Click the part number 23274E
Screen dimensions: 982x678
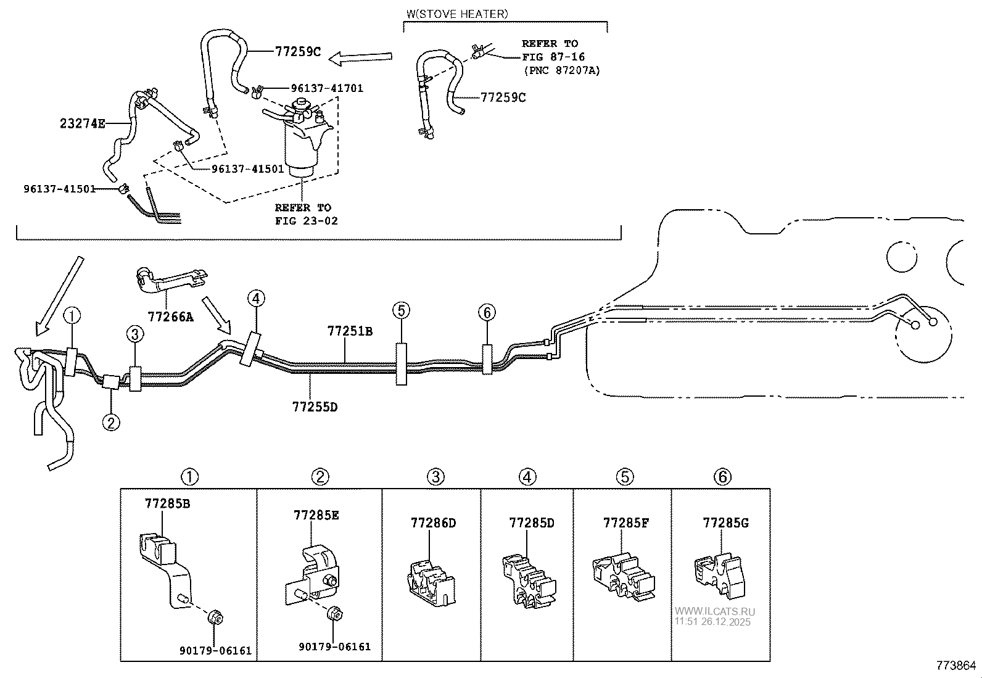pos(83,123)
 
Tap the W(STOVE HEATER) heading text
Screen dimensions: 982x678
pos(457,14)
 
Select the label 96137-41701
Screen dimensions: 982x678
pos(327,88)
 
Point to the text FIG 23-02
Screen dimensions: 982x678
pos(307,221)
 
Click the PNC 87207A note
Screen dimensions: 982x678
pos(562,70)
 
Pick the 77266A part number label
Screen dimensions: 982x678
pos(170,316)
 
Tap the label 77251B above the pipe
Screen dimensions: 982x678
pos(350,331)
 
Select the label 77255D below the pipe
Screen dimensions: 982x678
pos(315,407)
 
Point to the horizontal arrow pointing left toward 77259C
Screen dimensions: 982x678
pos(360,57)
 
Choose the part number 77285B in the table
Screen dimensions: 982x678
pos(167,503)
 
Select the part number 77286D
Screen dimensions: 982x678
pos(433,523)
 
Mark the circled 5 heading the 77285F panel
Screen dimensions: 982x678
pos(625,477)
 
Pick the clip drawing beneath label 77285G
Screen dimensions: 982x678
pos(719,576)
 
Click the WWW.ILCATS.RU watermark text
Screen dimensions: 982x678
pos(714,611)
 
